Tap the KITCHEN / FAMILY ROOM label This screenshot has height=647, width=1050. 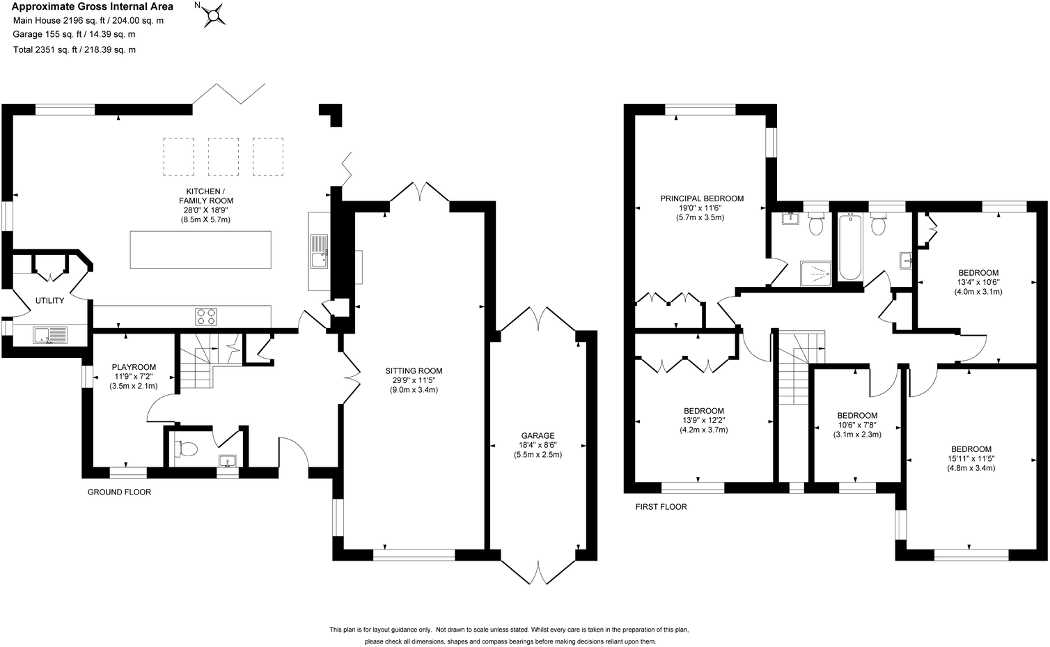pyautogui.click(x=205, y=196)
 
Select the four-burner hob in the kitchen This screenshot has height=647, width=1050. pyautogui.click(x=207, y=316)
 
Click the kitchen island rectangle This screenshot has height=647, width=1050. pyautogui.click(x=201, y=249)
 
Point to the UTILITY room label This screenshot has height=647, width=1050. pyautogui.click(x=49, y=301)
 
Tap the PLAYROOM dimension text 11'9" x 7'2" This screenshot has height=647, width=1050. pyautogui.click(x=134, y=377)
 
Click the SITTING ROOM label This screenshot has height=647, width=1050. pyautogui.click(x=414, y=371)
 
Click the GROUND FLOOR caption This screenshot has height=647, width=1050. pyautogui.click(x=119, y=492)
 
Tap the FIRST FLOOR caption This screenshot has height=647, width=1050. pyautogui.click(x=661, y=507)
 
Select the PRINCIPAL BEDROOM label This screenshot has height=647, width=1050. pyautogui.click(x=702, y=198)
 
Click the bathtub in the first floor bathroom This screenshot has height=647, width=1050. pyautogui.click(x=850, y=247)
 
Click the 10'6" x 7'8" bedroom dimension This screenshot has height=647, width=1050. pyautogui.click(x=856, y=425)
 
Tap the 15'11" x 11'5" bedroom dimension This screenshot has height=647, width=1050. pyautogui.click(x=971, y=458)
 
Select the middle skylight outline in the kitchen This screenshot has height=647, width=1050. pyautogui.click(x=224, y=156)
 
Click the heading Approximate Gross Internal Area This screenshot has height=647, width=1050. pyautogui.click(x=93, y=7)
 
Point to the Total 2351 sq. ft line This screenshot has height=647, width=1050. pyautogui.click(x=75, y=49)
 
